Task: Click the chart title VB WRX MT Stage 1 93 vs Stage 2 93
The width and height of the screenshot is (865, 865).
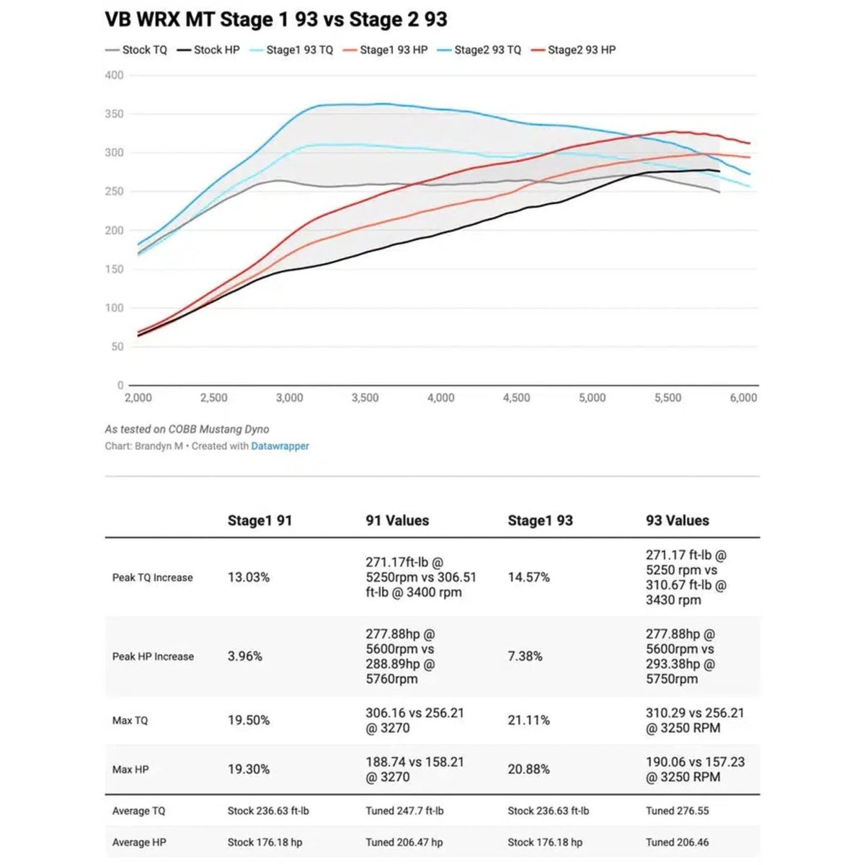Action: click(276, 19)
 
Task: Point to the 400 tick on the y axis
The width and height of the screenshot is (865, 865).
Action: click(114, 75)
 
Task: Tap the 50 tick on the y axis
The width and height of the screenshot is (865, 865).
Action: click(117, 347)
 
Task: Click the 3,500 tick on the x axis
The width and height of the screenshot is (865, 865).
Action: click(365, 398)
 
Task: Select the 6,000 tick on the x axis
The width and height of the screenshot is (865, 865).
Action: click(743, 398)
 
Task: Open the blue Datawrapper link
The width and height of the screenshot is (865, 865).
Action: click(280, 446)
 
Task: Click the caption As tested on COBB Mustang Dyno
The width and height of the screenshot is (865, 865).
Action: click(187, 429)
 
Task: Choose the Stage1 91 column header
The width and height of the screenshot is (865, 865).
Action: click(259, 520)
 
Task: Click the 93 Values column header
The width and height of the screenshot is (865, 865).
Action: click(677, 520)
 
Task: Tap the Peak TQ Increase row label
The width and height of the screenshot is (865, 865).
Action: click(152, 577)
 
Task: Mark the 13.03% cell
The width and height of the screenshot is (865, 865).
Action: click(249, 577)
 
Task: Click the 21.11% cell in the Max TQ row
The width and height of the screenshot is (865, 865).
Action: click(528, 720)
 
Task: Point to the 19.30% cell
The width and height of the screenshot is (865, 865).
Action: click(249, 769)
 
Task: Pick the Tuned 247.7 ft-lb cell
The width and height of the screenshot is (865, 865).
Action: click(404, 811)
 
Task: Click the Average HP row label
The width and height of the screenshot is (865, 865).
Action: click(139, 842)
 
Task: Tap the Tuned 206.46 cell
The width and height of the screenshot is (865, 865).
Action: click(677, 842)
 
